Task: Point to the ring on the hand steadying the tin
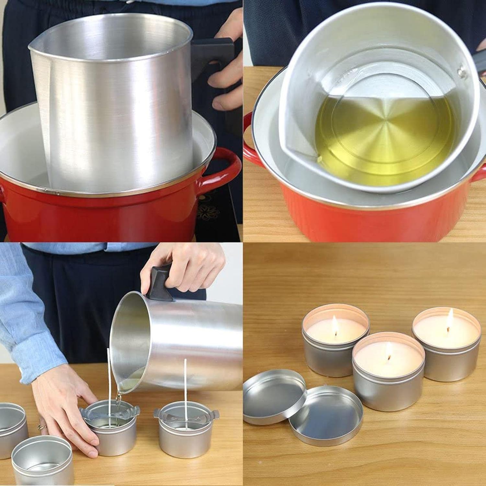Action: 41,427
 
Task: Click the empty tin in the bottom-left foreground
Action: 42,460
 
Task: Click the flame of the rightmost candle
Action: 450,316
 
